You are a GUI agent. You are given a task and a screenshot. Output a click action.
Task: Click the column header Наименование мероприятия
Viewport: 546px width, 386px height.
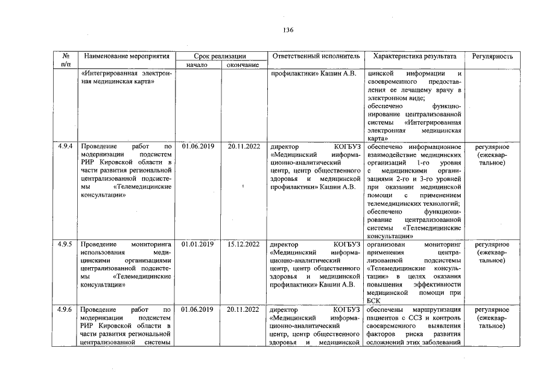[x=127, y=56]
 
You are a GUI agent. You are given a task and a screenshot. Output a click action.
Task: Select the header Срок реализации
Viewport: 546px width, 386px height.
[x=220, y=56]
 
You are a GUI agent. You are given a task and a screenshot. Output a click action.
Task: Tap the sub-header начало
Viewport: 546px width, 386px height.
[x=197, y=65]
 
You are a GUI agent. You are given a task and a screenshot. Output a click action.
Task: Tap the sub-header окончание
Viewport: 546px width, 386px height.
[x=243, y=65]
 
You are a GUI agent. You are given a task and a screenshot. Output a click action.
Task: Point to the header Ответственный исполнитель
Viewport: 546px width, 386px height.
[x=316, y=56]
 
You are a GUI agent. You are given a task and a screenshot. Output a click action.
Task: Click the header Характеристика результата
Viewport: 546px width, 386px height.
[x=415, y=56]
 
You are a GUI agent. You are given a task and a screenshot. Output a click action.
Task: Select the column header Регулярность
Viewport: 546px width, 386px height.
[x=493, y=56]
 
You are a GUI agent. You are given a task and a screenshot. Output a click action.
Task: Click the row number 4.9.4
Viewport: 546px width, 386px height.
[x=65, y=147]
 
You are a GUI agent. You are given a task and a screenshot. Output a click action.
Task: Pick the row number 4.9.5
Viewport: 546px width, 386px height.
[x=65, y=244]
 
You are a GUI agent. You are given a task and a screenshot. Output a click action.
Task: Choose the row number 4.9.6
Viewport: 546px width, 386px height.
[x=65, y=309]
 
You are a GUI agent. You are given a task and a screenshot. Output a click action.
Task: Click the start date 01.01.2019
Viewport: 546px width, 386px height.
[x=197, y=244]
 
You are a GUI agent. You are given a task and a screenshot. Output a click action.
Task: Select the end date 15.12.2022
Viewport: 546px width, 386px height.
[x=244, y=244]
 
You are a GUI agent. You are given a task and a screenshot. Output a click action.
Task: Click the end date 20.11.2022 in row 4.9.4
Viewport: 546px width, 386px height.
[x=244, y=147]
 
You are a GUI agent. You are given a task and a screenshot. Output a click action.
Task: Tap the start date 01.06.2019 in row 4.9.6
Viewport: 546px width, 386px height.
[x=197, y=309]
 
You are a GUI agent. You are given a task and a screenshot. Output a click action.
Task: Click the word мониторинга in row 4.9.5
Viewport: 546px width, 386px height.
[x=150, y=244]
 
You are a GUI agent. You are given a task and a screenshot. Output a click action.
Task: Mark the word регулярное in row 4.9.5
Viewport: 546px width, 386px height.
[x=492, y=244]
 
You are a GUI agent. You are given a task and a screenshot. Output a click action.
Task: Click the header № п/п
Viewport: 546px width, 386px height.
[x=65, y=60]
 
